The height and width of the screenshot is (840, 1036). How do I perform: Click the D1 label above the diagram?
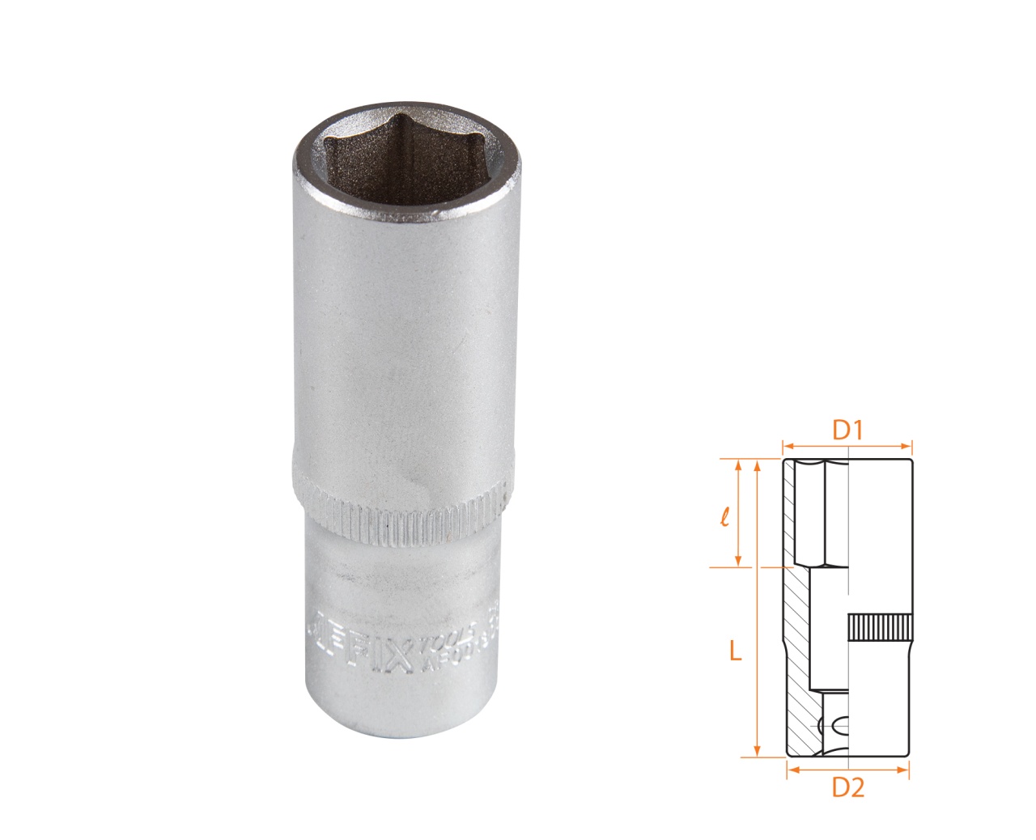click(x=847, y=431)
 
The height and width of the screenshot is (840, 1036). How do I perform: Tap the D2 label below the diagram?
click(x=848, y=787)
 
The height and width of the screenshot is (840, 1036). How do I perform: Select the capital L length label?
click(x=735, y=651)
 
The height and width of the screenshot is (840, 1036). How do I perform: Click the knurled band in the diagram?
click(x=880, y=628)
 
